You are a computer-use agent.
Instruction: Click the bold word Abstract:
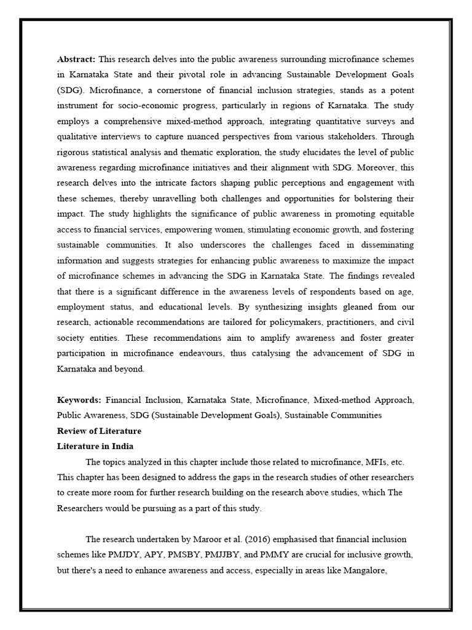pyautogui.click(x=76, y=59)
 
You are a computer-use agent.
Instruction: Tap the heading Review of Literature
pyautogui.click(x=99, y=431)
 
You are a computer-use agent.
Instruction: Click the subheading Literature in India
pyautogui.click(x=95, y=446)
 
